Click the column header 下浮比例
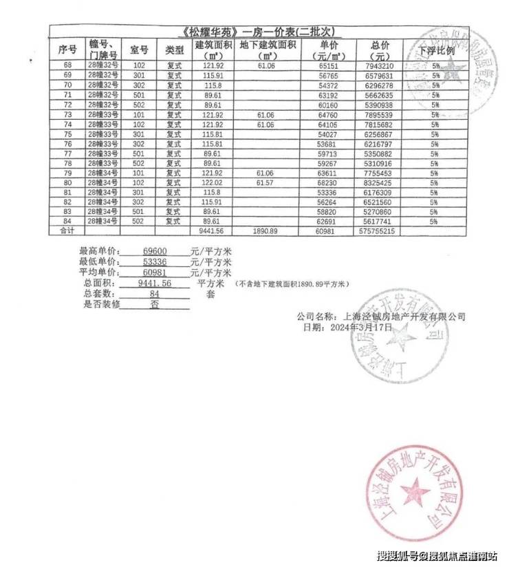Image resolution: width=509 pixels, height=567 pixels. (x=436, y=51)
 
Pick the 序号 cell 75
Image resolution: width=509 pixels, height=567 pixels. (x=67, y=135)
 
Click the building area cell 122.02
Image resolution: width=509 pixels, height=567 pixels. (x=213, y=184)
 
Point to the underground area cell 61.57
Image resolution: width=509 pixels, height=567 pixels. (x=266, y=184)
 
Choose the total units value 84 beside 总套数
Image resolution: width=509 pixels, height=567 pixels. (x=154, y=293)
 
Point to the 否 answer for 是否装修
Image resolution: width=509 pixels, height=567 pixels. (x=154, y=303)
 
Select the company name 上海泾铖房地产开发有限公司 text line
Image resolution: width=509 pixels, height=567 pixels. (x=382, y=317)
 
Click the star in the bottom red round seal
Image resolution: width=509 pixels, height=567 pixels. (x=413, y=493)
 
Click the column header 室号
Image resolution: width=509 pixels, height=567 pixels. (x=139, y=50)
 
